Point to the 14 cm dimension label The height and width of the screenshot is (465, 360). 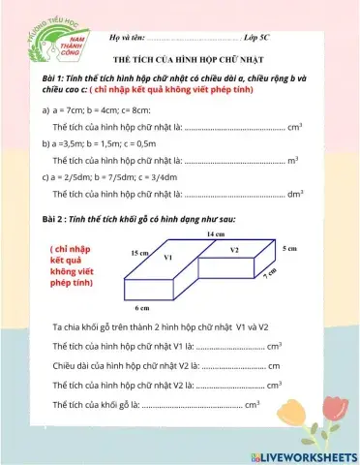coord(216,233)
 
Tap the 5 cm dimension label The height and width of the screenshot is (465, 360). coord(288,249)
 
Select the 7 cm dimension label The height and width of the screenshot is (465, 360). coord(270,274)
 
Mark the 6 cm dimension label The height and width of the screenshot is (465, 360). coord(141,307)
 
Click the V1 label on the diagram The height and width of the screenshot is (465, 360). coord(167,258)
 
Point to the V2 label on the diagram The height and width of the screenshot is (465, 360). coord(234,250)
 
